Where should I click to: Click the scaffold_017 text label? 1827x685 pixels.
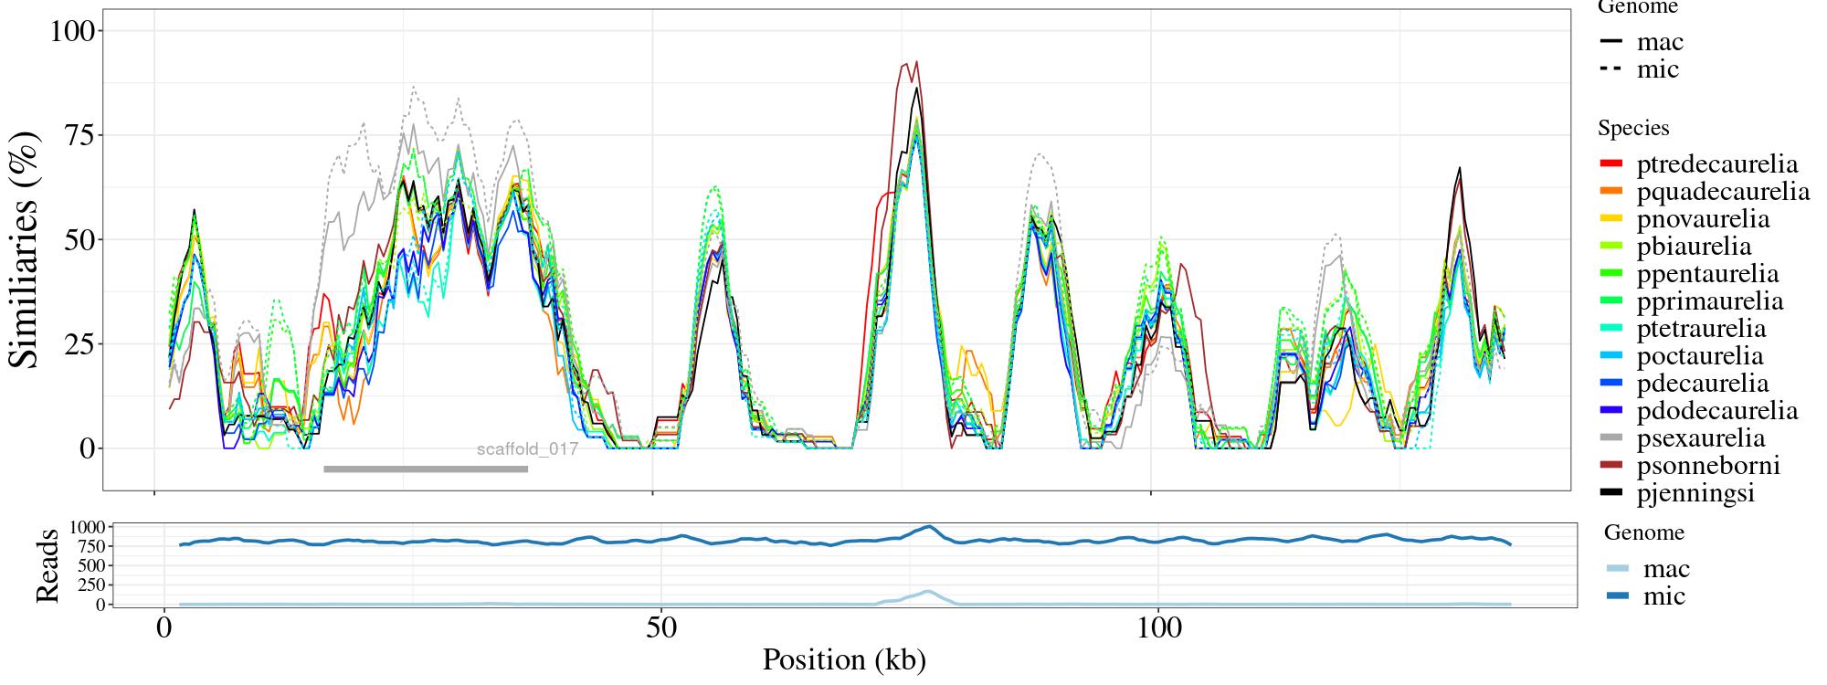coord(527,449)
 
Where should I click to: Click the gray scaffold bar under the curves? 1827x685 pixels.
coord(426,469)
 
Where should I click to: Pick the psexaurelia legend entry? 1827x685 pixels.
coord(1700,438)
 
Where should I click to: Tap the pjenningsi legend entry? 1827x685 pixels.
coord(1695,494)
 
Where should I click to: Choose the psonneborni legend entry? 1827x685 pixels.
coord(1707,466)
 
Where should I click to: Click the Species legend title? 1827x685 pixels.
coord(1633,129)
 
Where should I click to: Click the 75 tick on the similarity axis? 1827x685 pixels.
coord(83,135)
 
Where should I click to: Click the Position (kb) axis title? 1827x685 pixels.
coord(843,659)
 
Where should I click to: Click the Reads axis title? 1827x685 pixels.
coord(47,565)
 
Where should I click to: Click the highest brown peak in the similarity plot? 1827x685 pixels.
coord(916,62)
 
